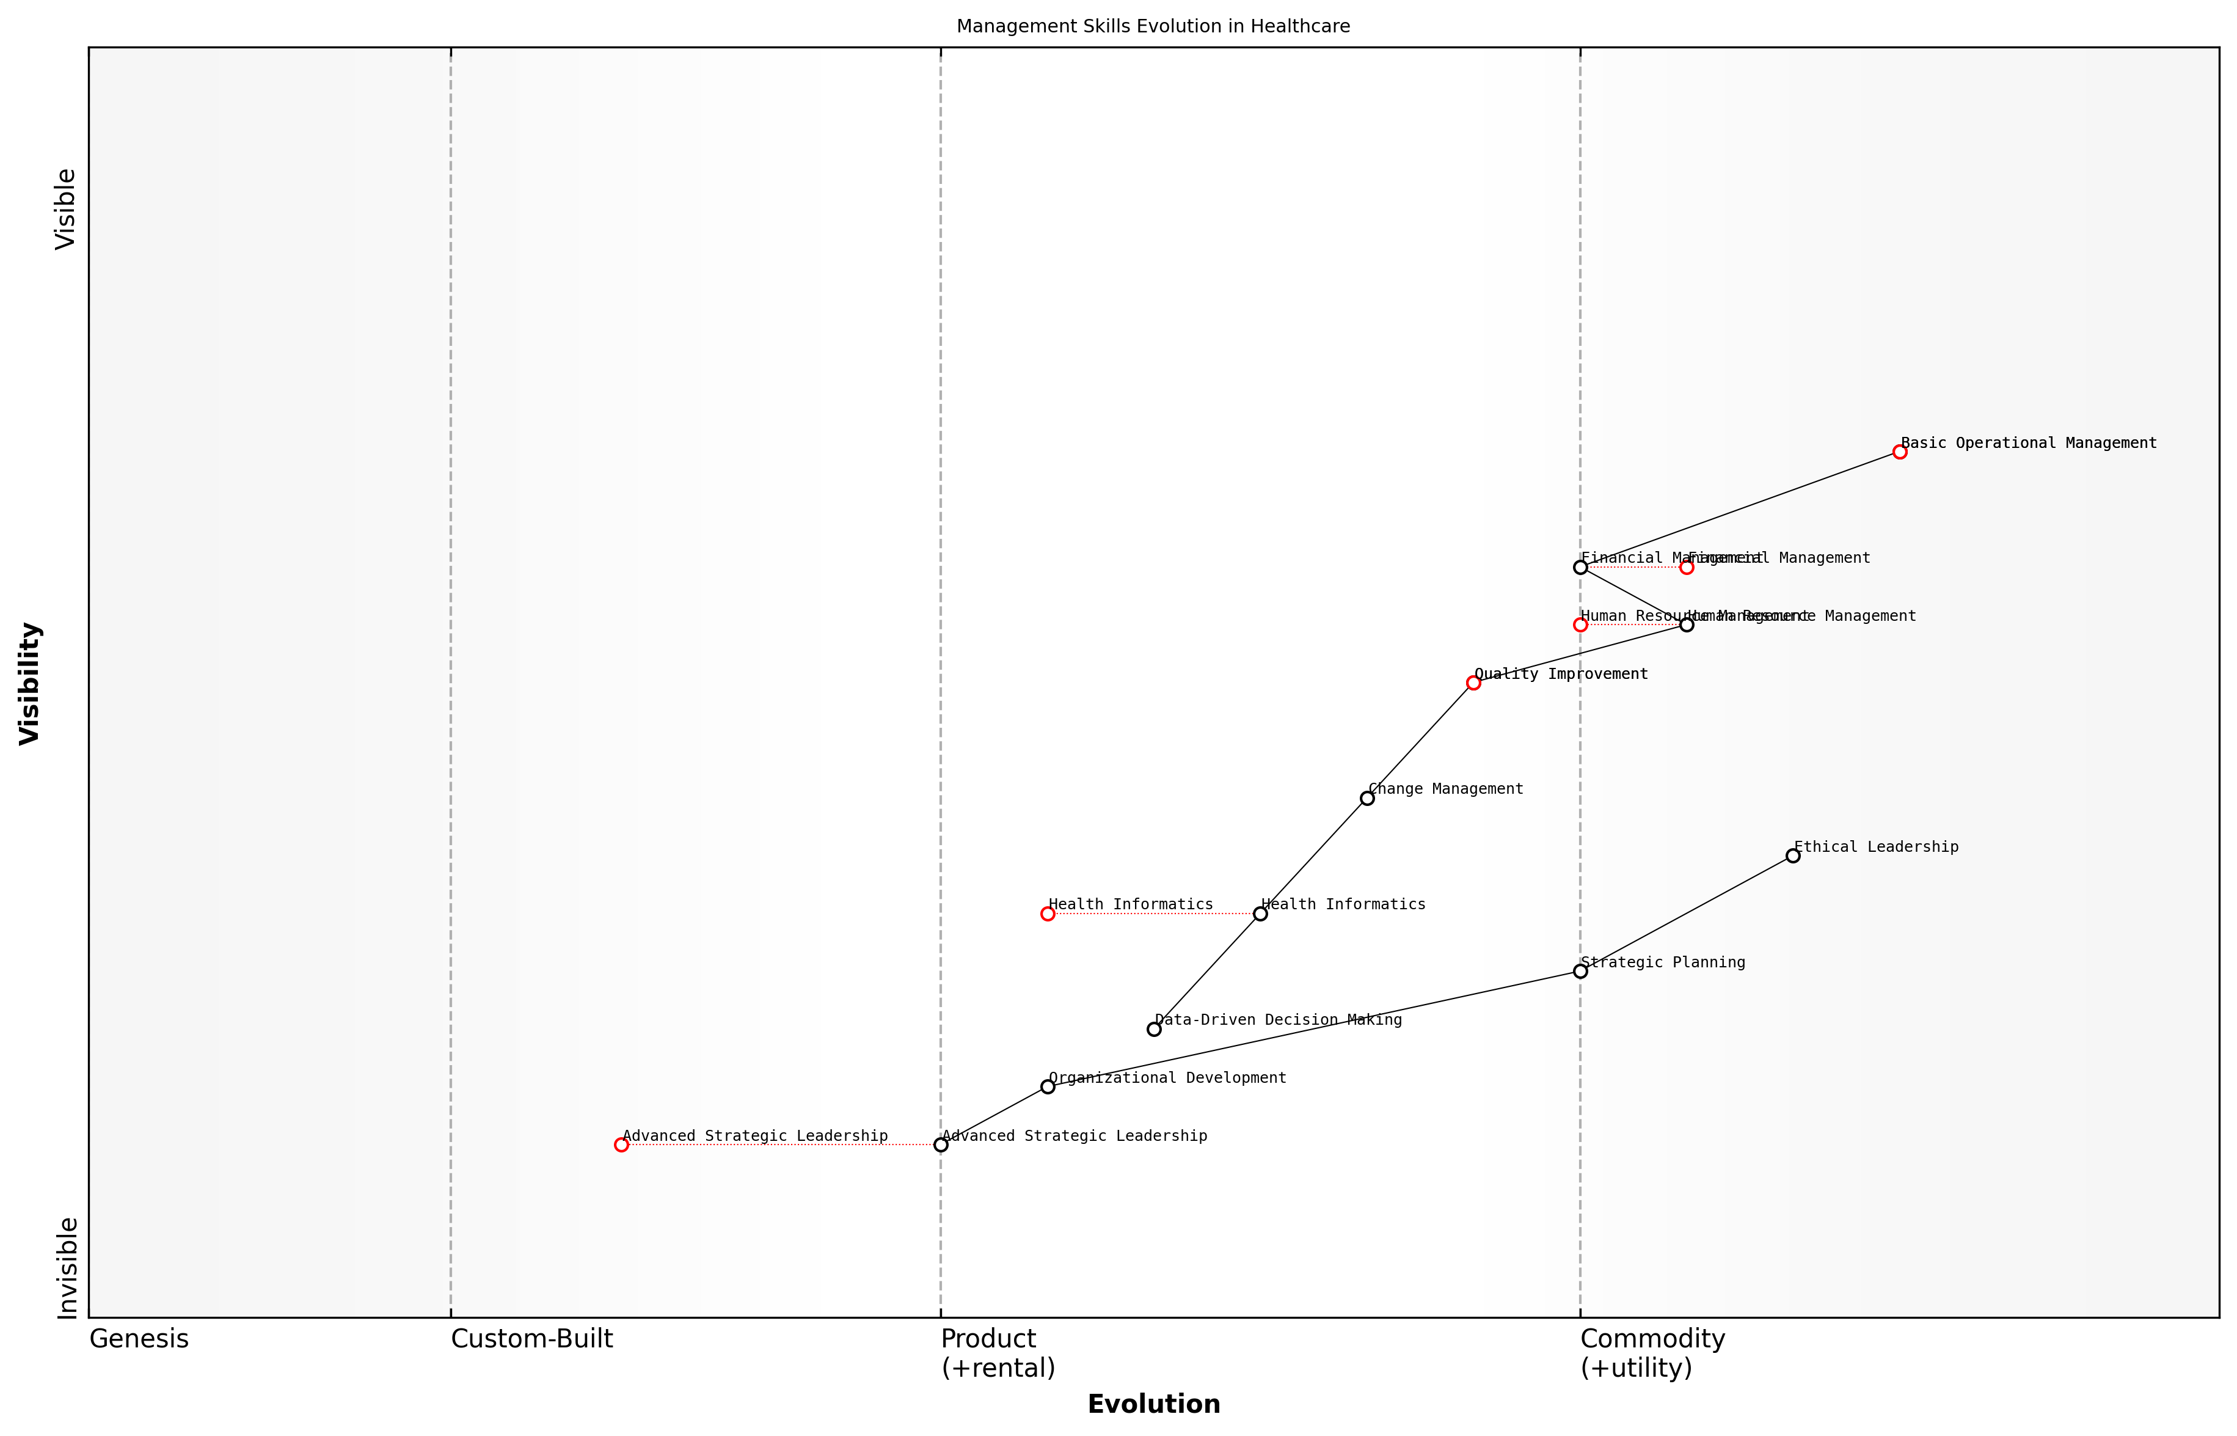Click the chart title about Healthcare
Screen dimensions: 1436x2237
click(x=1153, y=26)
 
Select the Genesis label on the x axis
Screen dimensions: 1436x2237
click(x=139, y=1339)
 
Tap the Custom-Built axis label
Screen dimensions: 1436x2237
click(x=531, y=1339)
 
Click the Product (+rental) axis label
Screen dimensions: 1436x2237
click(x=998, y=1353)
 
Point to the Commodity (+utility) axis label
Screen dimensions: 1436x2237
click(x=1652, y=1353)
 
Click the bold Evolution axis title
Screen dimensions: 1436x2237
click(x=1153, y=1404)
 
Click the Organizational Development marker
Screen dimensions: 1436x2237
click(x=1048, y=1086)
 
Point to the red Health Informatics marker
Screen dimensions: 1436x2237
click(x=1048, y=914)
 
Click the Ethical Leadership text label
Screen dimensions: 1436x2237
click(x=1875, y=847)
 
